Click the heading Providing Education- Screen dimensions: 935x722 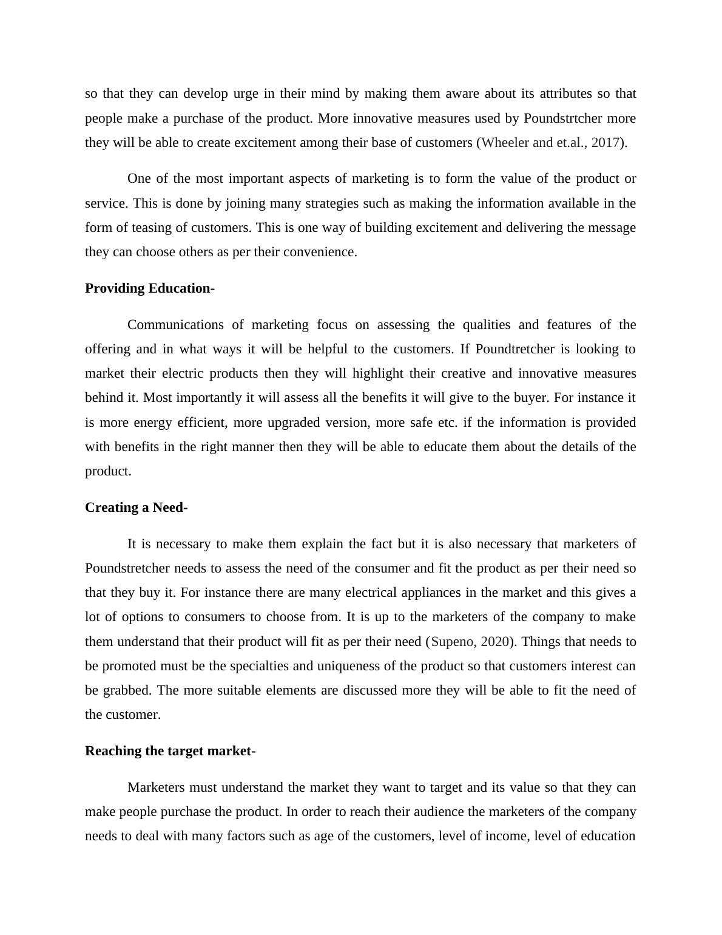[x=149, y=288]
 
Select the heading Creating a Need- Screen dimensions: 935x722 [x=136, y=508]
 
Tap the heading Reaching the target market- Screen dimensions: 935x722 [x=170, y=751]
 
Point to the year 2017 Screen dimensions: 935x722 [x=605, y=143]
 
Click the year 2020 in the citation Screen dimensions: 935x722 [x=494, y=642]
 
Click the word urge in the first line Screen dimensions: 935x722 [x=246, y=93]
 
